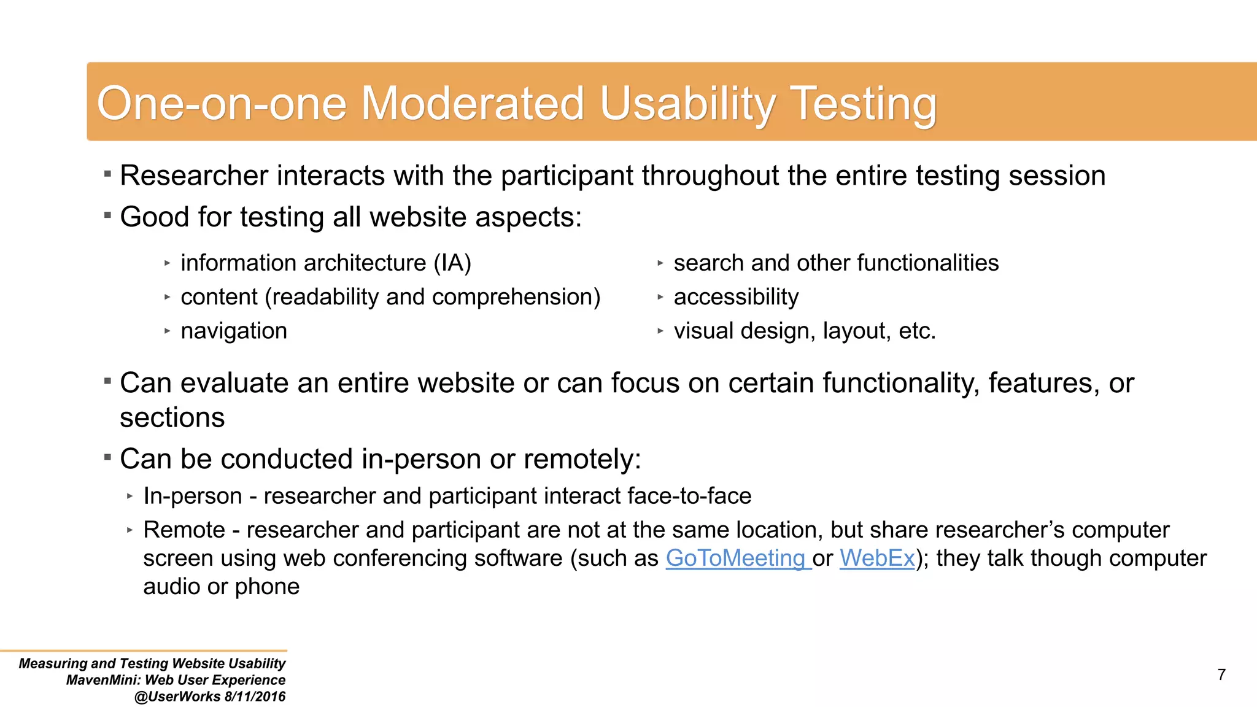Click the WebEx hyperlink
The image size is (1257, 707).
click(x=877, y=558)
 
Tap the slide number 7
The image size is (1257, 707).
click(x=1221, y=674)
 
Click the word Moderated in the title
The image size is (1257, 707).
click(x=472, y=103)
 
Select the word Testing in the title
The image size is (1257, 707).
click(x=862, y=104)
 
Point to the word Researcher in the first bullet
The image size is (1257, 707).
click(x=194, y=176)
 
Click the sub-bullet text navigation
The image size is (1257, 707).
click(x=234, y=331)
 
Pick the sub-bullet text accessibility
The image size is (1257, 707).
click(x=736, y=297)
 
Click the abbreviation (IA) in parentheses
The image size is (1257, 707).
click(x=452, y=263)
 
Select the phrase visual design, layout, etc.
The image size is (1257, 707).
click(x=805, y=331)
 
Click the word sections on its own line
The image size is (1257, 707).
click(x=172, y=418)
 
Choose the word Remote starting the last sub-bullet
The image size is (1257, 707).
click(x=184, y=530)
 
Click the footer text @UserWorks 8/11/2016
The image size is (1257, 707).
click(x=210, y=697)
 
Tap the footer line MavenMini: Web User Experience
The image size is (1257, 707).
click(x=176, y=680)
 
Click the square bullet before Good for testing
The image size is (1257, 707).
click(x=107, y=215)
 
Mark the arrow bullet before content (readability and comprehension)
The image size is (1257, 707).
click(x=167, y=297)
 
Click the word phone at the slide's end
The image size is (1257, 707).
click(x=267, y=587)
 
